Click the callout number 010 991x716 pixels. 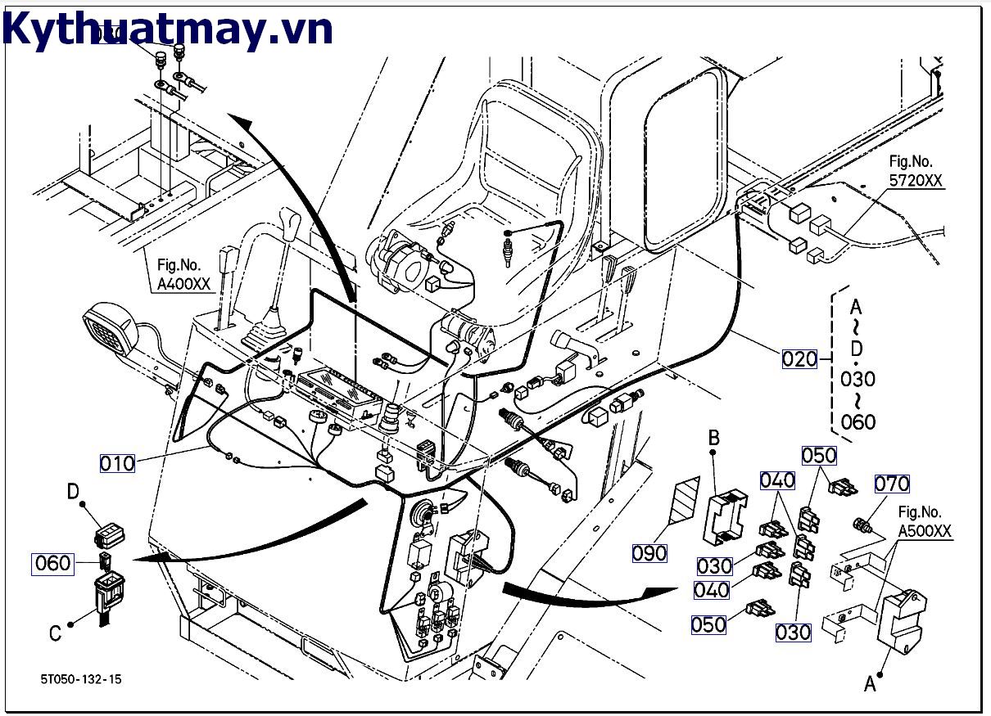point(117,463)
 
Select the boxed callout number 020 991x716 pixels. point(799,358)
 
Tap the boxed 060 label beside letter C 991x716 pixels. point(53,563)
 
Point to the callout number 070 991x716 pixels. point(892,484)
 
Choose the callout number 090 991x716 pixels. point(649,553)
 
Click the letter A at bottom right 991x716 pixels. point(870,683)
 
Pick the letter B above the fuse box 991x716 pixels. point(713,439)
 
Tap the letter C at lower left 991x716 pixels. point(55,633)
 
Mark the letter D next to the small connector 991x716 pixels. point(73,492)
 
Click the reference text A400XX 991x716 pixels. point(185,285)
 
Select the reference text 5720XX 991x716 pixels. point(916,181)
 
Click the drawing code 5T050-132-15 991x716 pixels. point(82,679)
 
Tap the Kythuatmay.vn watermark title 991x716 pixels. point(168,29)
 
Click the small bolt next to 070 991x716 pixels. point(862,523)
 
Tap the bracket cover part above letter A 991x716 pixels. point(902,622)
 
